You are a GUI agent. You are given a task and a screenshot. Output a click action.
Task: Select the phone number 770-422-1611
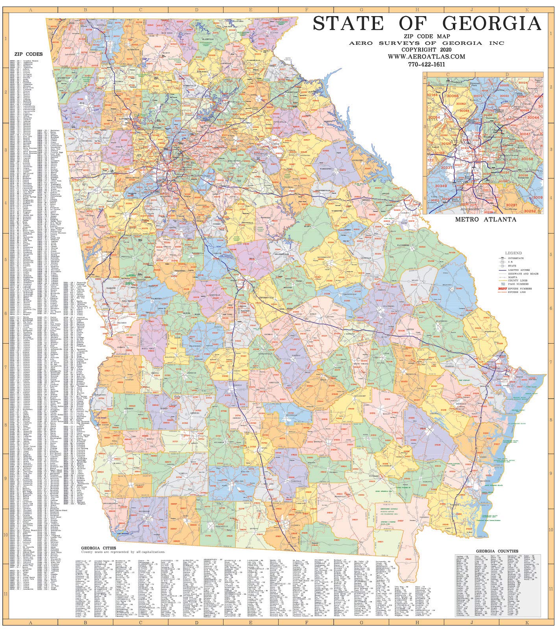pos(426,64)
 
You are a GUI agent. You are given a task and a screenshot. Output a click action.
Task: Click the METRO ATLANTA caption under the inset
pos(486,219)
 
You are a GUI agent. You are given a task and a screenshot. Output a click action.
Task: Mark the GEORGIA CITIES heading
pos(98,548)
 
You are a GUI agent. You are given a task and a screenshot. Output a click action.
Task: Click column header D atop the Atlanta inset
pos(507,74)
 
